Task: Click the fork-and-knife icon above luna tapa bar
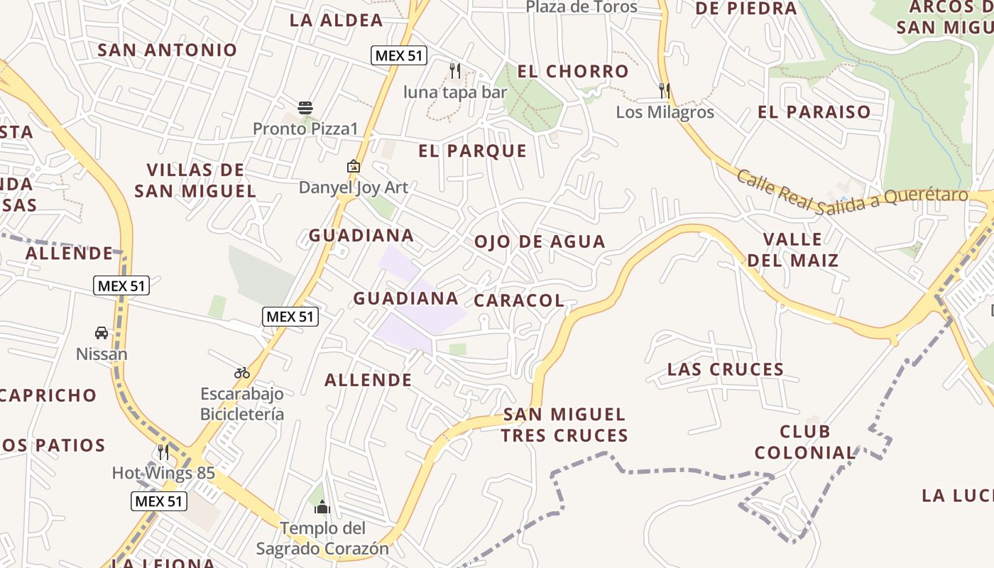coord(455,70)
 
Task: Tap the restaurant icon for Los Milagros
coord(665,90)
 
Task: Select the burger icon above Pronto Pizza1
coord(305,108)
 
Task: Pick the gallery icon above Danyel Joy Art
coord(353,166)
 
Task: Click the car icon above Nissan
coord(102,332)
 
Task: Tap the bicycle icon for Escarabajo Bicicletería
coord(241,372)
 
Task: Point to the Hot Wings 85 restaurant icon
coord(163,452)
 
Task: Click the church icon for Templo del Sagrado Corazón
coord(322,507)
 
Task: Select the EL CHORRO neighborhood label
coord(573,72)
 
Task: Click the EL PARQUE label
coord(473,151)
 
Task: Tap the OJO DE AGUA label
coord(540,242)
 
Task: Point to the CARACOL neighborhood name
coord(519,301)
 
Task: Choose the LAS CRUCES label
coord(726,369)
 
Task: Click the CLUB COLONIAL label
coord(805,442)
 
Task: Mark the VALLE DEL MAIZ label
coord(792,249)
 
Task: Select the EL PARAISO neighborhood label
coord(814,112)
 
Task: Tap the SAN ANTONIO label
coord(168,50)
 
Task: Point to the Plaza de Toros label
coord(581,7)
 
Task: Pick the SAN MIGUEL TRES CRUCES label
coord(564,425)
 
